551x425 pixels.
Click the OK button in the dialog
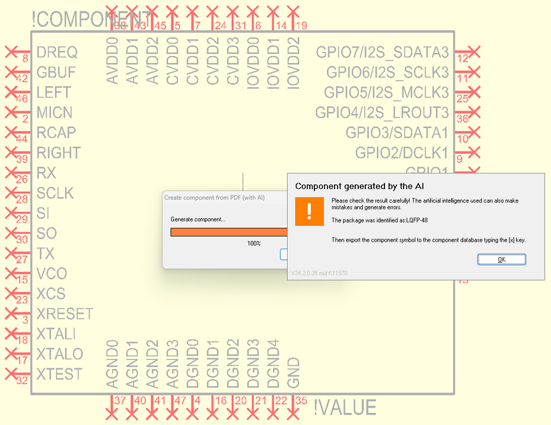[x=501, y=259]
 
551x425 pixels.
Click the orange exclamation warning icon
[x=308, y=211]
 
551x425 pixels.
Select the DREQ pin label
[x=57, y=52]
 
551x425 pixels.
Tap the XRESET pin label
[x=65, y=314]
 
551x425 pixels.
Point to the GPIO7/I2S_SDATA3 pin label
[x=382, y=52]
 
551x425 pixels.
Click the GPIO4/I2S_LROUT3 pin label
[x=382, y=113]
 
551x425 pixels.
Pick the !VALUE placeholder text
[x=345, y=407]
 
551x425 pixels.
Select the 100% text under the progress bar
[x=253, y=243]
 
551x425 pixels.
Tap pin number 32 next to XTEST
[x=22, y=381]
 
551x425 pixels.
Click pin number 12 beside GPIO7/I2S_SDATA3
[x=463, y=59]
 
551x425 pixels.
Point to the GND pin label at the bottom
[x=295, y=373]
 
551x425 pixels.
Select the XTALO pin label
[x=60, y=354]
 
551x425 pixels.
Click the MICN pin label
[x=55, y=113]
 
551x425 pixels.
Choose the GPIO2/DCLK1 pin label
[x=401, y=153]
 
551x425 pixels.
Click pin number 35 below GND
[x=301, y=400]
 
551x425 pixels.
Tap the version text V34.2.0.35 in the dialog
[x=319, y=273]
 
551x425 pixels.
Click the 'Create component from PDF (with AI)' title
[x=214, y=198]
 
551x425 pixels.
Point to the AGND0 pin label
[x=111, y=365]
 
